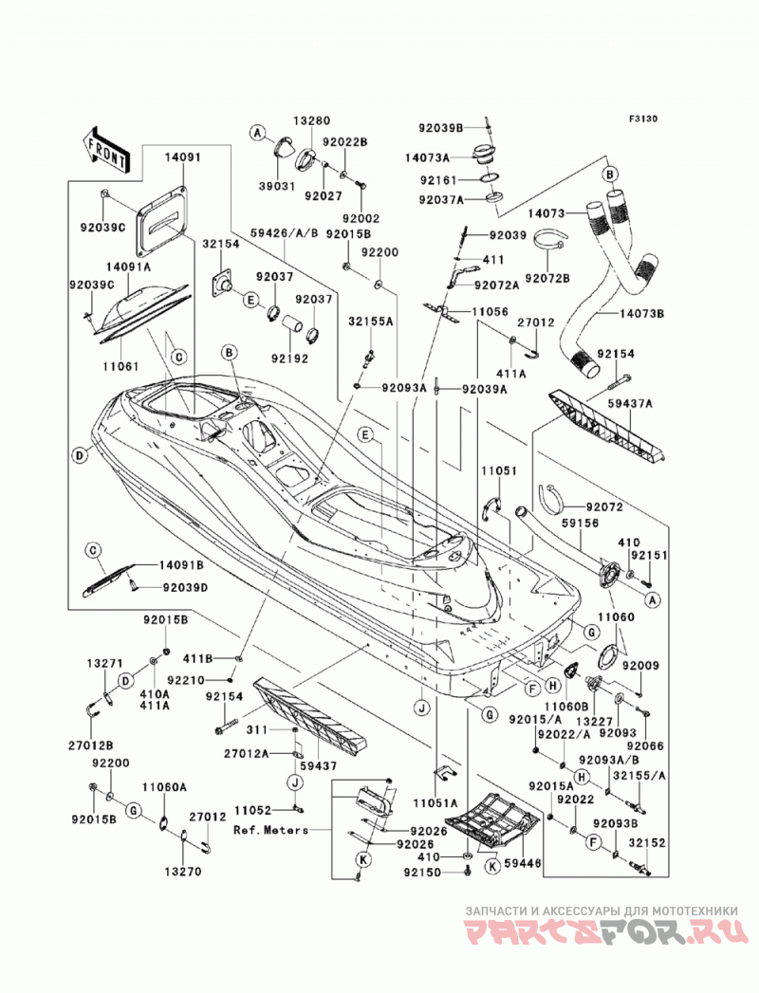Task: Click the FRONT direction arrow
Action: (105, 150)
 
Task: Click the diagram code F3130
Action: (642, 119)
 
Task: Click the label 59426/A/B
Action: (284, 232)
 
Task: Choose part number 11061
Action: (122, 366)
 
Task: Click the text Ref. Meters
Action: (270, 830)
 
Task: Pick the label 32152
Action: (647, 843)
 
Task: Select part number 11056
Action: (490, 312)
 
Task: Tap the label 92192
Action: (290, 359)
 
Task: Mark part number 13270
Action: (182, 872)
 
